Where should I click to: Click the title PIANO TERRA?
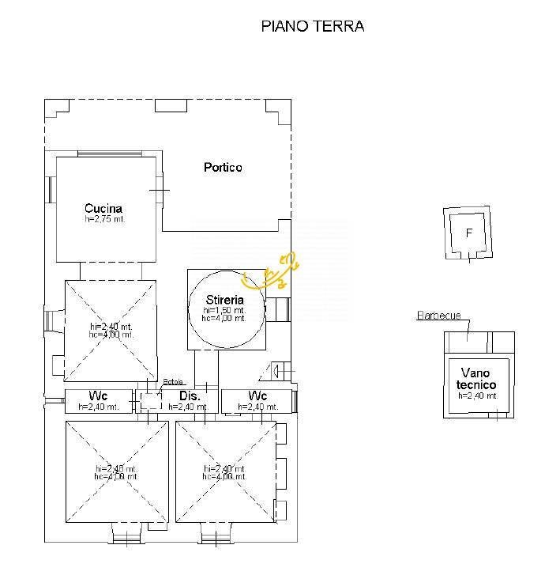click(312, 26)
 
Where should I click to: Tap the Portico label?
click(223, 168)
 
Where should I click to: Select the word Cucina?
click(104, 209)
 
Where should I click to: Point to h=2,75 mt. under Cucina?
click(104, 219)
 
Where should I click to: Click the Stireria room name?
click(224, 301)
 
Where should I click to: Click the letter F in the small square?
click(469, 233)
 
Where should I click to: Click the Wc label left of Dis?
click(99, 395)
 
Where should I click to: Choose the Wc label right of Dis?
click(257, 395)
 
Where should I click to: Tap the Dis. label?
click(187, 395)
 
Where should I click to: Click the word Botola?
click(171, 382)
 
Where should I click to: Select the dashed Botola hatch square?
click(151, 400)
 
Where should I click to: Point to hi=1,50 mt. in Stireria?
click(224, 311)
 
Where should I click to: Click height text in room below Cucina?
click(112, 330)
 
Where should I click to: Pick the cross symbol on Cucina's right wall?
click(160, 192)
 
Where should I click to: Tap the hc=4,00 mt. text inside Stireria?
click(224, 319)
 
